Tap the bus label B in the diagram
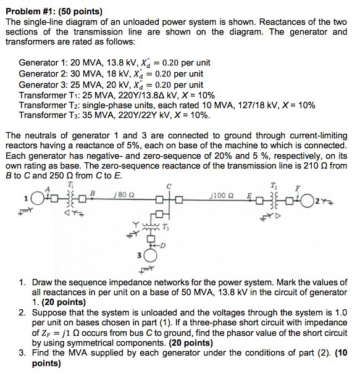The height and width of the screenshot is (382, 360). [93, 193]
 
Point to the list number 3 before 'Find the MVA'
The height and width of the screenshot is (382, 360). [22, 352]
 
